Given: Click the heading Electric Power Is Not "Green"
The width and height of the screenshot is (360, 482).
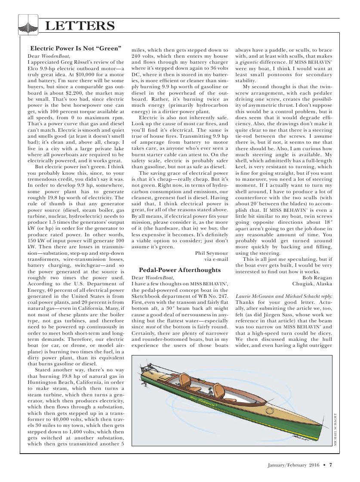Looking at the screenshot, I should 76,48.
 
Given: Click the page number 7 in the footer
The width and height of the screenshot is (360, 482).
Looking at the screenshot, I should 331,464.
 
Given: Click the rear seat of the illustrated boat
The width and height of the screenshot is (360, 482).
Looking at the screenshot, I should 185,380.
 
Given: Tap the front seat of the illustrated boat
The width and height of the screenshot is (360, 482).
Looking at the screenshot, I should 218,390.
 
